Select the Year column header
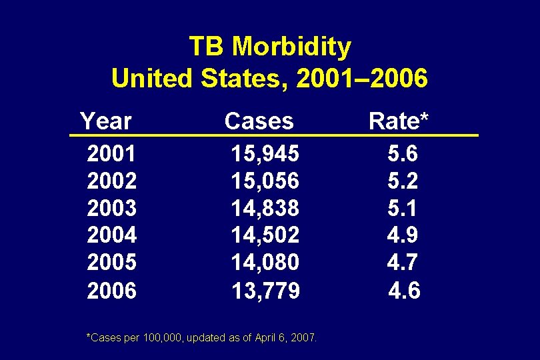pos(106,121)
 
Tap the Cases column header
pos(259,121)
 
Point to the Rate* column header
pos(399,121)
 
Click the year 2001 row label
pos(111,155)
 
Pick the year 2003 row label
pos(111,209)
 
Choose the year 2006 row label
pos(111,291)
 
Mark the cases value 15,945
pos(265,155)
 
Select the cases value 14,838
pos(265,209)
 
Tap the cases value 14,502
pos(265,235)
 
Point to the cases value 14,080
pos(265,263)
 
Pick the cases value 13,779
pos(265,291)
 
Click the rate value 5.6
pos(403,155)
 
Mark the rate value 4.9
pos(403,235)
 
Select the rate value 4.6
pos(404,291)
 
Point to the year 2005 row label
pos(111,263)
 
